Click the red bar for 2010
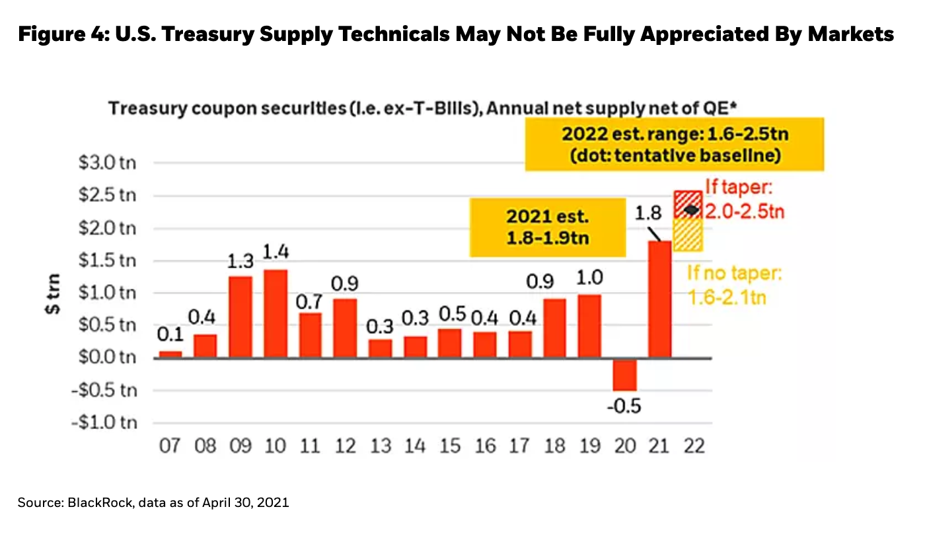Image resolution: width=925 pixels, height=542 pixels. pyautogui.click(x=275, y=313)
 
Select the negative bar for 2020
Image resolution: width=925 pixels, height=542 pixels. pyautogui.click(x=624, y=374)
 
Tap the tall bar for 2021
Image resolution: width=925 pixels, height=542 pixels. pyautogui.click(x=659, y=299)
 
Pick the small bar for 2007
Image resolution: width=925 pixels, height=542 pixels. pyautogui.click(x=170, y=354)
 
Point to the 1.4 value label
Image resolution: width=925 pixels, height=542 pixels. pyautogui.click(x=275, y=253)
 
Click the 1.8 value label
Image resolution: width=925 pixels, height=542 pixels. pyautogui.click(x=647, y=213)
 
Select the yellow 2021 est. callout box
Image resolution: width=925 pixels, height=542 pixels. pyautogui.click(x=547, y=227)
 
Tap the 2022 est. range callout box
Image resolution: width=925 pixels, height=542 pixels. pyautogui.click(x=674, y=145)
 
